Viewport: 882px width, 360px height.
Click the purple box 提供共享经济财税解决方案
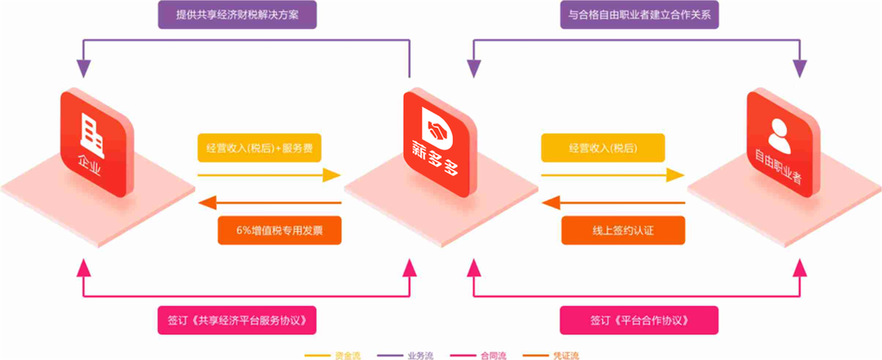pos(237,16)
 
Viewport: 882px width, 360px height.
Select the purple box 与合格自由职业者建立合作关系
pos(639,16)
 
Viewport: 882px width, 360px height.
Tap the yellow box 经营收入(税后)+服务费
pos(259,148)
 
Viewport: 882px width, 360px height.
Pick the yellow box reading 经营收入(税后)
pos(603,148)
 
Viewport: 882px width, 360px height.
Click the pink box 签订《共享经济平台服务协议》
pos(237,320)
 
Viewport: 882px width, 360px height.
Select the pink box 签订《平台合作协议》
pos(639,320)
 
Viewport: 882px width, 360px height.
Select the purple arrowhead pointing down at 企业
pos(84,69)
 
